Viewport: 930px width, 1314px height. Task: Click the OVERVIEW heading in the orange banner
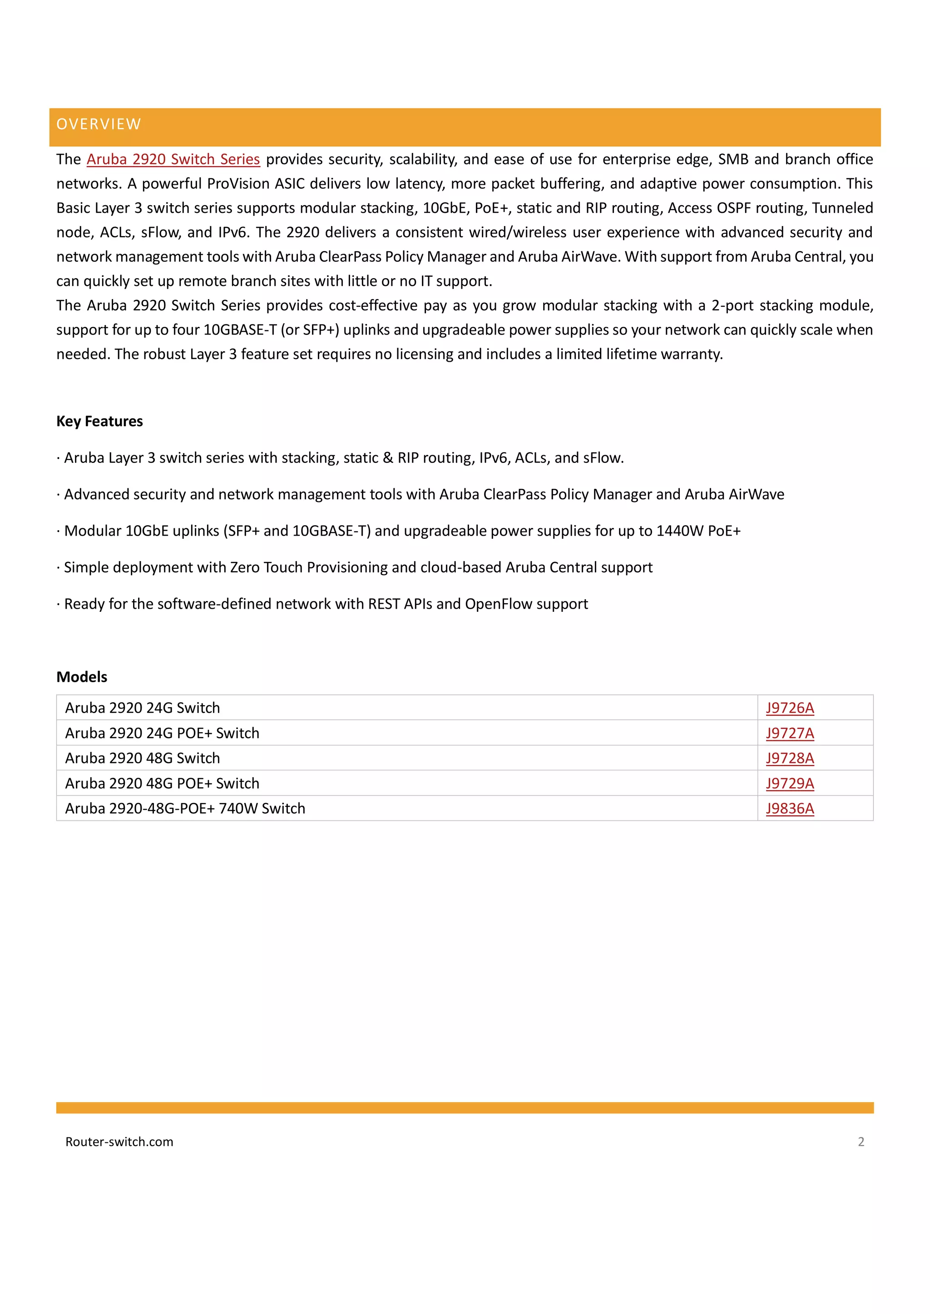pos(99,124)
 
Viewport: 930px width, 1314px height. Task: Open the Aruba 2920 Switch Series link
pos(173,159)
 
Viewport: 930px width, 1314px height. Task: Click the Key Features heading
pos(99,421)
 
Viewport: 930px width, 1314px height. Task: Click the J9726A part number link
pos(790,708)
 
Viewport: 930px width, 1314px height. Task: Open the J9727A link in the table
pos(790,733)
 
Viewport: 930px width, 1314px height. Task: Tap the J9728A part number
pos(790,758)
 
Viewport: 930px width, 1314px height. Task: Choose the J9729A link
pos(790,783)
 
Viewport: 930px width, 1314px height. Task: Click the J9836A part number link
pos(790,809)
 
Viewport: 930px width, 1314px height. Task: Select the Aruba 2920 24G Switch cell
pos(143,708)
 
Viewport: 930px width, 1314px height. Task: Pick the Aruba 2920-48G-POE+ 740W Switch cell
pos(185,809)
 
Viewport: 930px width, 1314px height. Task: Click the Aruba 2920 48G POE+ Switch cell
pos(162,783)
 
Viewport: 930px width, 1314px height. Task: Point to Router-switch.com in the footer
pos(119,1142)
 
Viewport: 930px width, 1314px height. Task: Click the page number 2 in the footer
pos(861,1142)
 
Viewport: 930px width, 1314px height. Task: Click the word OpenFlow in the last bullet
pos(496,604)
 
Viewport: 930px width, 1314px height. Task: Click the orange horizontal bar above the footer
pos(465,1107)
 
